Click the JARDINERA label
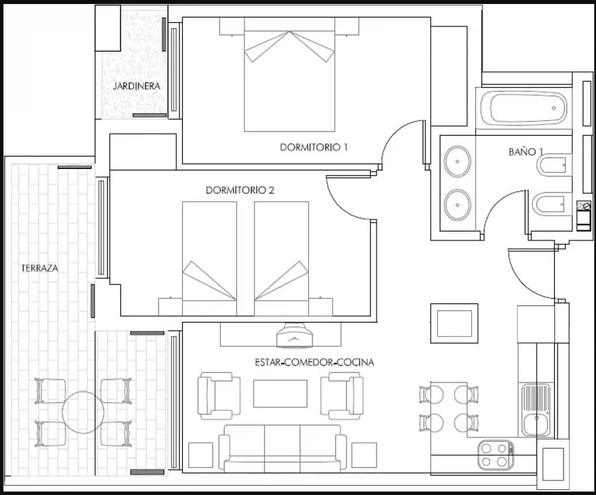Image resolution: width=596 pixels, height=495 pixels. tap(137, 86)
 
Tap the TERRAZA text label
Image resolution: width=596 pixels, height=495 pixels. tap(40, 268)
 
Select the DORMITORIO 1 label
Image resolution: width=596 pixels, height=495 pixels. tap(314, 147)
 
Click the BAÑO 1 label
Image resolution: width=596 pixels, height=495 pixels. tap(526, 152)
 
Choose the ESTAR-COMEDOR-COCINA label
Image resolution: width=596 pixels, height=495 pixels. tap(314, 362)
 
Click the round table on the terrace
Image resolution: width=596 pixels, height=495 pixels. tap(83, 412)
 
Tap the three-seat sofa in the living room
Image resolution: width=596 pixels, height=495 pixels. tap(282, 448)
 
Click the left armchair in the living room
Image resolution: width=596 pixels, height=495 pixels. tap(219, 395)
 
